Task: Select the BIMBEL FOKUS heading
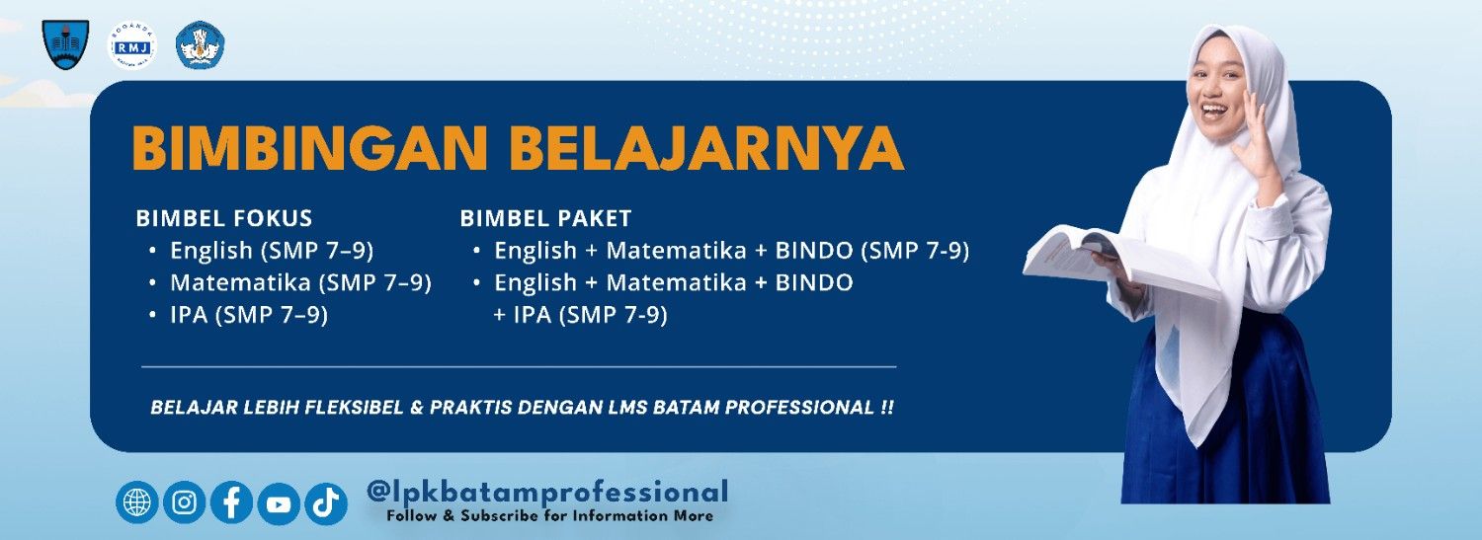coord(224,218)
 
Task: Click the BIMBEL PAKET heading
coord(546,218)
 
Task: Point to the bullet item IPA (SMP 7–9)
coord(249,315)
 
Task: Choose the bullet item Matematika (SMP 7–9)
coord(300,282)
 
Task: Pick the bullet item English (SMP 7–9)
coord(272,250)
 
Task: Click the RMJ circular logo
coord(131,44)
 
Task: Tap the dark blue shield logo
coord(65,44)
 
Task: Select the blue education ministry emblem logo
coord(201,44)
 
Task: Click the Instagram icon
coord(184,502)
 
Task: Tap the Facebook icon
coord(231,502)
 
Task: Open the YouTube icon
coord(279,503)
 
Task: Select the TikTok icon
coord(325,503)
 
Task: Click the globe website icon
coord(136,502)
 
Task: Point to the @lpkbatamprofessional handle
coord(546,491)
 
